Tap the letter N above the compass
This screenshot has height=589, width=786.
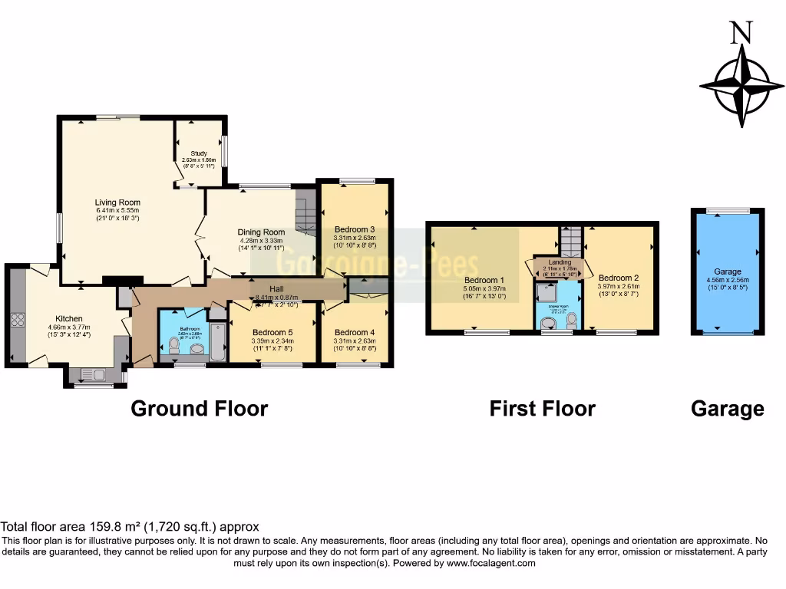[741, 32]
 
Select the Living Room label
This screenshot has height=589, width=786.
[117, 202]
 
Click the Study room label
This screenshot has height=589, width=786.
[199, 153]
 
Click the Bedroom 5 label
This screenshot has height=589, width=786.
[272, 332]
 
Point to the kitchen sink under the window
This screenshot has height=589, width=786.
[97, 375]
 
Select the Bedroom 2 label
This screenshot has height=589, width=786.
[618, 278]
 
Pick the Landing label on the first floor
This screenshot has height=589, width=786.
[560, 262]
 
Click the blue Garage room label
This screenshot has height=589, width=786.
[728, 271]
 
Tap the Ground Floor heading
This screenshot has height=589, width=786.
[199, 408]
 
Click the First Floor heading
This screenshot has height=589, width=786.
[542, 409]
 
